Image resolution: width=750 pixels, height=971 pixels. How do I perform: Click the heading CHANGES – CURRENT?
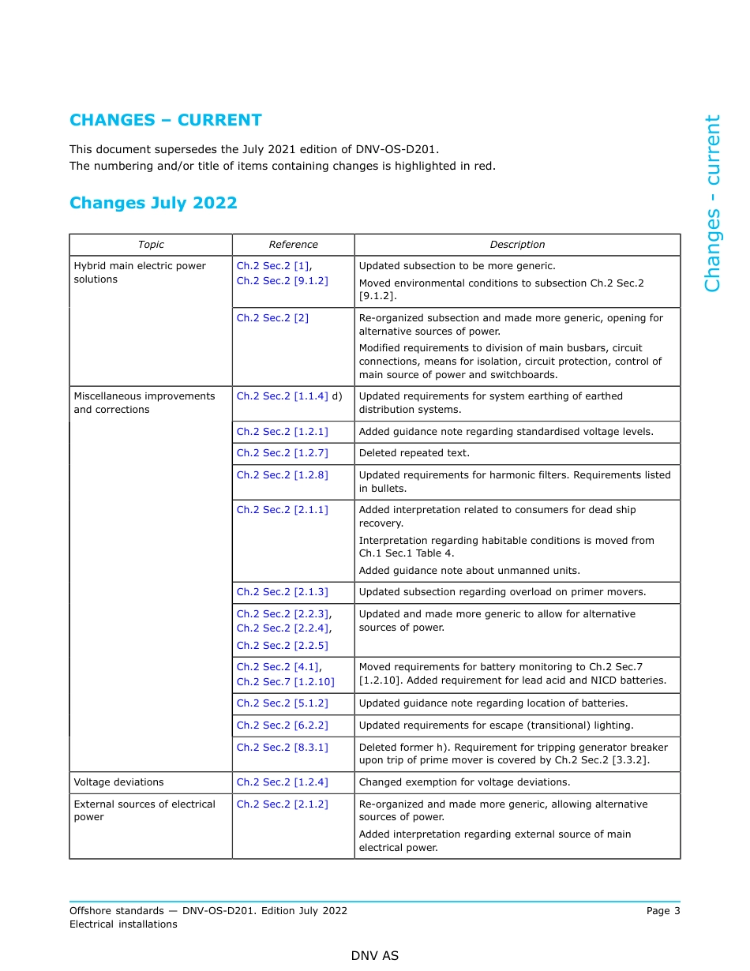[165, 120]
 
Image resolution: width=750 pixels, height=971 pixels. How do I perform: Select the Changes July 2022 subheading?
[153, 203]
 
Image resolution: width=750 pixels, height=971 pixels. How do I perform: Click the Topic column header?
[151, 245]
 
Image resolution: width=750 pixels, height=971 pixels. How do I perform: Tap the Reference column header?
[293, 245]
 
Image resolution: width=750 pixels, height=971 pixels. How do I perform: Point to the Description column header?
[517, 245]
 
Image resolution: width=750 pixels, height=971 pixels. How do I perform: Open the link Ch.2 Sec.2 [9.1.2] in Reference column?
[282, 280]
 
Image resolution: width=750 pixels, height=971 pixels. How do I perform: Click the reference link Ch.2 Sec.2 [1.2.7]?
[282, 453]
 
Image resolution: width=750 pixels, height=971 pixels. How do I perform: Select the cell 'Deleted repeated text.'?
[414, 453]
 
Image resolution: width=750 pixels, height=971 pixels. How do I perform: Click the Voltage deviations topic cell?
[118, 782]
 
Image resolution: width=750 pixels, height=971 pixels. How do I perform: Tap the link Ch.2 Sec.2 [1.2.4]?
[282, 782]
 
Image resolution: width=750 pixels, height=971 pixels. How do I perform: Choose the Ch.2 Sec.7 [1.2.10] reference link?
[285, 681]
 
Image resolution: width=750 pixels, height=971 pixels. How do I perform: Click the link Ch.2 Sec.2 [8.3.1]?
[282, 747]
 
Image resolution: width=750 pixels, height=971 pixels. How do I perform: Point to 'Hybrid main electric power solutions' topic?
[139, 272]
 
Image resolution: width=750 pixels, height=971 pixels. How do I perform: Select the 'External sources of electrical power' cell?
[144, 811]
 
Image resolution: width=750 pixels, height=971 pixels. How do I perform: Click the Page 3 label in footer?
[662, 911]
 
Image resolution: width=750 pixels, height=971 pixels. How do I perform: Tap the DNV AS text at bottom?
[375, 956]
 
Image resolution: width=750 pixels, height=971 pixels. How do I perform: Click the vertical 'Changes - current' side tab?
[712, 204]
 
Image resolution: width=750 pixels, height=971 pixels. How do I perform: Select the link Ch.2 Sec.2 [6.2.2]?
[282, 725]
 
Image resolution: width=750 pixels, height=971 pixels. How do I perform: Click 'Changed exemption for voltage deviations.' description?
[464, 782]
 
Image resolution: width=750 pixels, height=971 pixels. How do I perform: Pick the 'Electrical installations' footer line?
[123, 924]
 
